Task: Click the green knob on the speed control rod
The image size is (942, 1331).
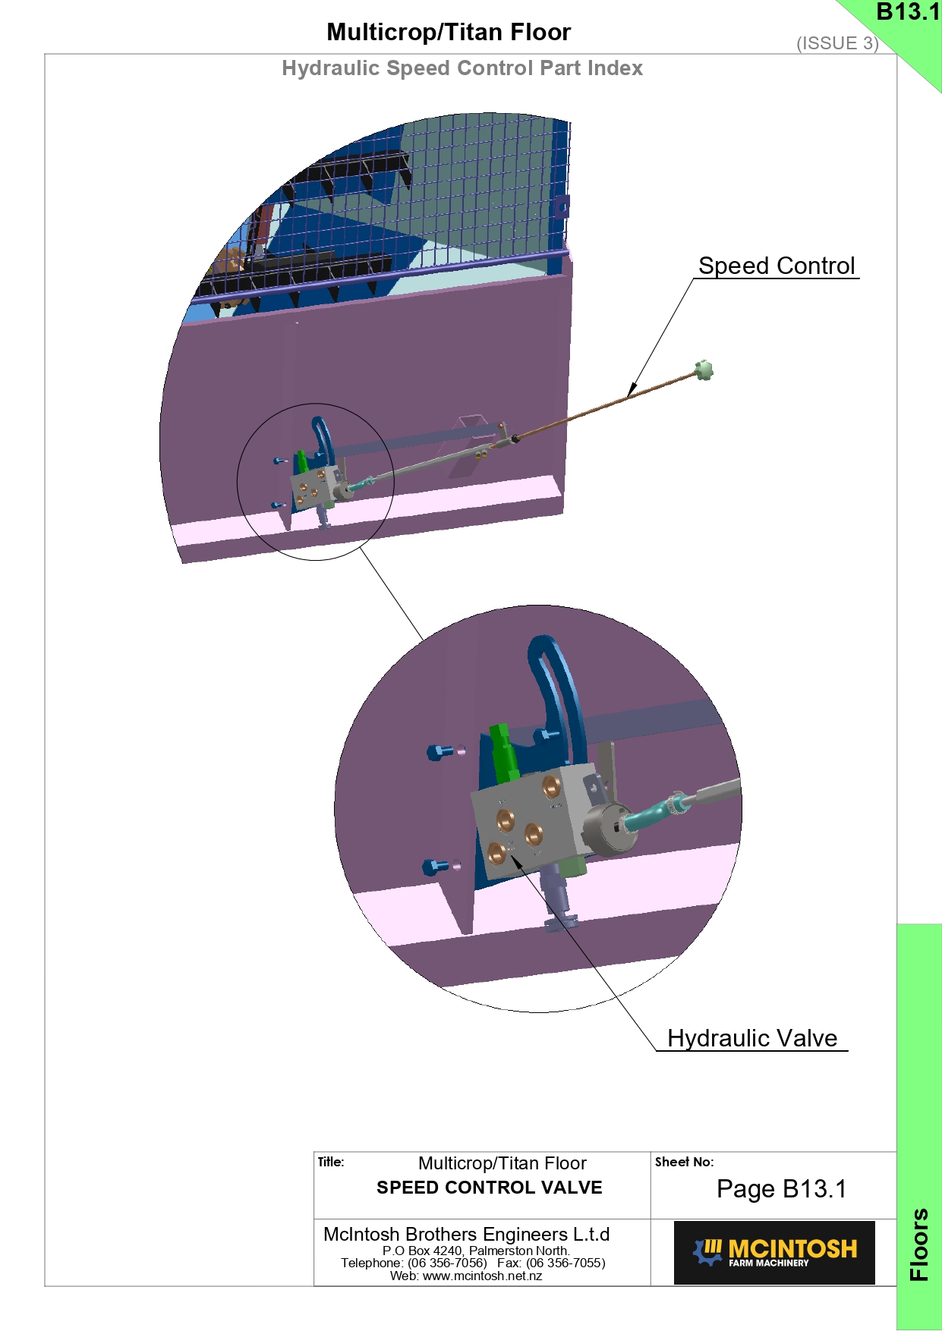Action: coord(704,370)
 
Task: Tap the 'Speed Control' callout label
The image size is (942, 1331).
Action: coord(777,266)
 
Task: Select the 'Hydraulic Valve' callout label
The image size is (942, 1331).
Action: coord(752,1038)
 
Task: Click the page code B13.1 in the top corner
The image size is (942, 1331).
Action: coord(908,11)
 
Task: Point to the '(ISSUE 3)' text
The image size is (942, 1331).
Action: coord(837,43)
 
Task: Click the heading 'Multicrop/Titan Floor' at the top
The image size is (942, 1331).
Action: coord(449,32)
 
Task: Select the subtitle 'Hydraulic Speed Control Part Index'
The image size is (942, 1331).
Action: coord(462,68)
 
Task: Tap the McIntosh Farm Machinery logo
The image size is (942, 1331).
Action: coord(774,1252)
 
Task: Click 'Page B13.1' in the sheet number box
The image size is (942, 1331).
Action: coord(781,1189)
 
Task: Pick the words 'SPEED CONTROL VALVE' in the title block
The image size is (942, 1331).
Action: coord(490,1188)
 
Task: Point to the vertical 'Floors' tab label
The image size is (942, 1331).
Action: coord(919,1244)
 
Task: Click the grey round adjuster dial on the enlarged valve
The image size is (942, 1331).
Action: coord(609,830)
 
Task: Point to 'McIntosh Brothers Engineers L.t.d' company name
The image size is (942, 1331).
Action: coord(467,1234)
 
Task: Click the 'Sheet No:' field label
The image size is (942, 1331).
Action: coord(684,1162)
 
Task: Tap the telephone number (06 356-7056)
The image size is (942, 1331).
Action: coord(447,1263)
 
